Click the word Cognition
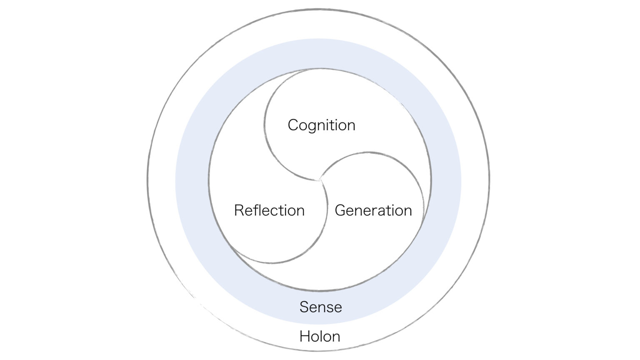coord(321,125)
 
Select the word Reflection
coord(269,210)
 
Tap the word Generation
coord(373,210)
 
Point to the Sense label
coord(320,307)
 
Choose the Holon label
coord(320,336)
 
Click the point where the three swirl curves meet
coord(320,180)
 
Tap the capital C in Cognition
coord(293,125)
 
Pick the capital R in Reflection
coord(239,210)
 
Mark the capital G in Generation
coord(340,210)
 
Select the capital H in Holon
coord(305,336)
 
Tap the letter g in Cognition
coord(312,127)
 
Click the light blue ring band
coord(192,181)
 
